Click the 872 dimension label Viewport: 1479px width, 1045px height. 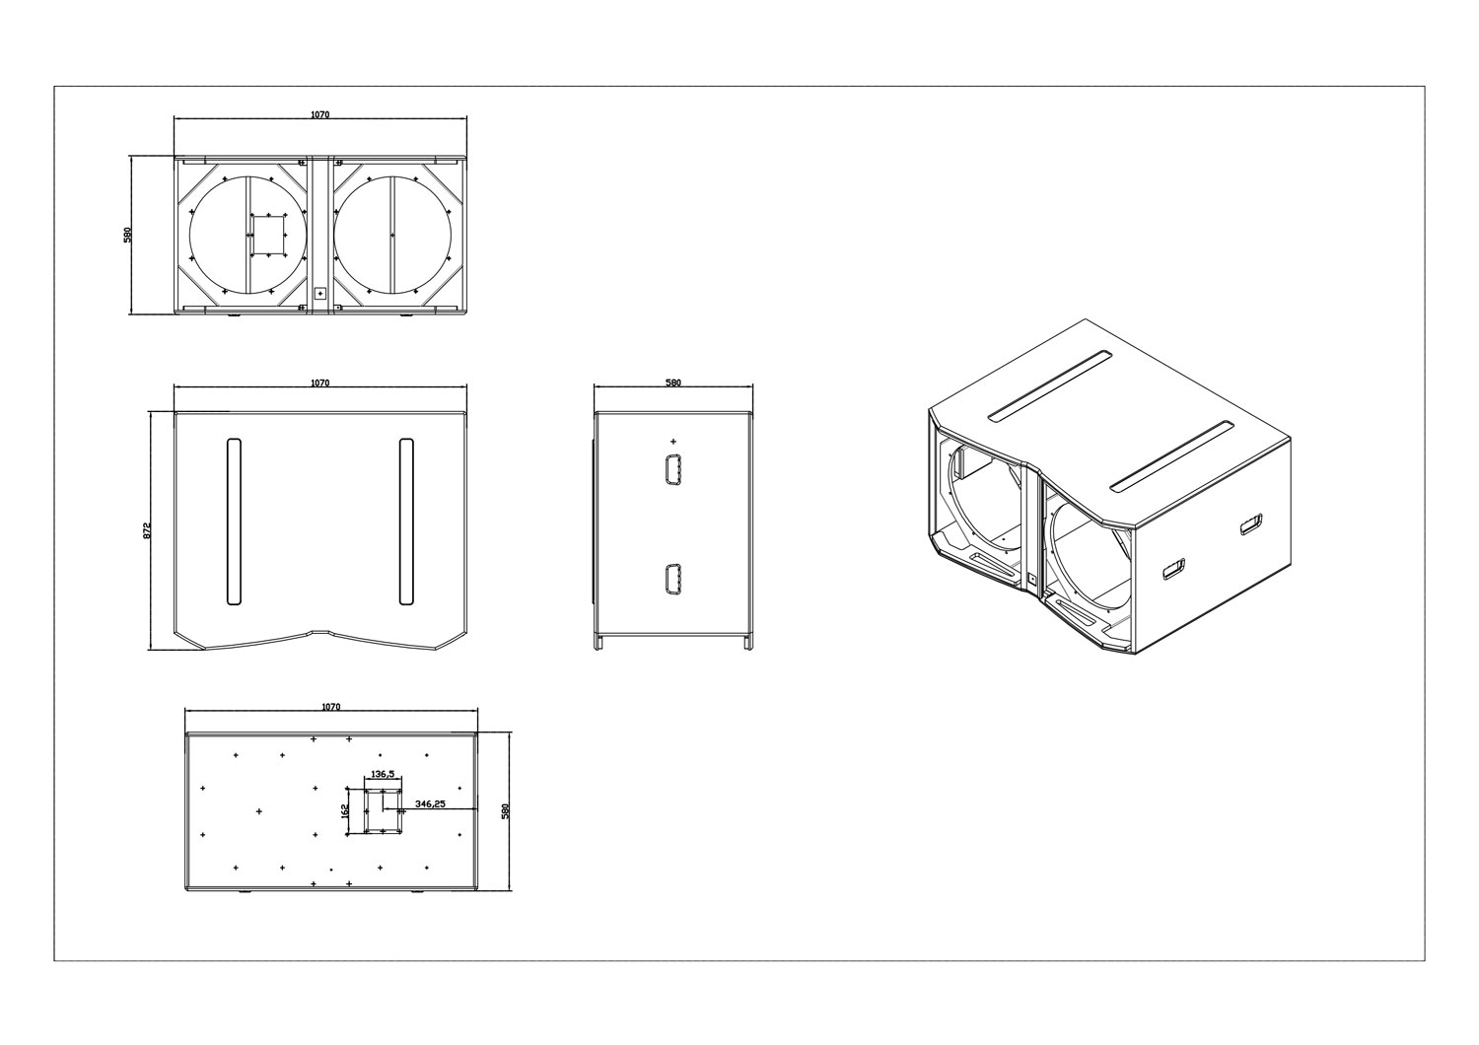(147, 530)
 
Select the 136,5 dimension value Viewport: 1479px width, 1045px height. (383, 774)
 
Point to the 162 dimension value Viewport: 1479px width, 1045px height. (345, 810)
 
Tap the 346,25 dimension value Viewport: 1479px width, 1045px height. (430, 804)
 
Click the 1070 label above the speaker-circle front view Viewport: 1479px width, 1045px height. (319, 114)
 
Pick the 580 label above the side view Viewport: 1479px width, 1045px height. (672, 383)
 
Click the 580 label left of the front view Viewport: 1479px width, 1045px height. (128, 235)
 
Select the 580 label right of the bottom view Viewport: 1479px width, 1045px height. (507, 810)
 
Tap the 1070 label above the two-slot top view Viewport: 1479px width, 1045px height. (319, 383)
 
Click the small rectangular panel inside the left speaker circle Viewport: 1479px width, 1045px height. (268, 235)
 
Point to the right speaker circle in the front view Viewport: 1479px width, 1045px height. (392, 235)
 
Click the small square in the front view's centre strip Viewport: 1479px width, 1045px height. (320, 292)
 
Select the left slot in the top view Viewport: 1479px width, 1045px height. (234, 522)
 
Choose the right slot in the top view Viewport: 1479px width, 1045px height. (406, 522)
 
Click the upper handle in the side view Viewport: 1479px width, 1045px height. (672, 469)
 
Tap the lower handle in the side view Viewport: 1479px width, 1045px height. (672, 581)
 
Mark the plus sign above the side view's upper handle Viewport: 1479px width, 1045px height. (672, 441)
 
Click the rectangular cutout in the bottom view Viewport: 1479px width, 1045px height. (383, 810)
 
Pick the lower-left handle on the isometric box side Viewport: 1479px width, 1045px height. (1173, 569)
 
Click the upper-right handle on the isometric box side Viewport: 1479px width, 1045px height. (1251, 524)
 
